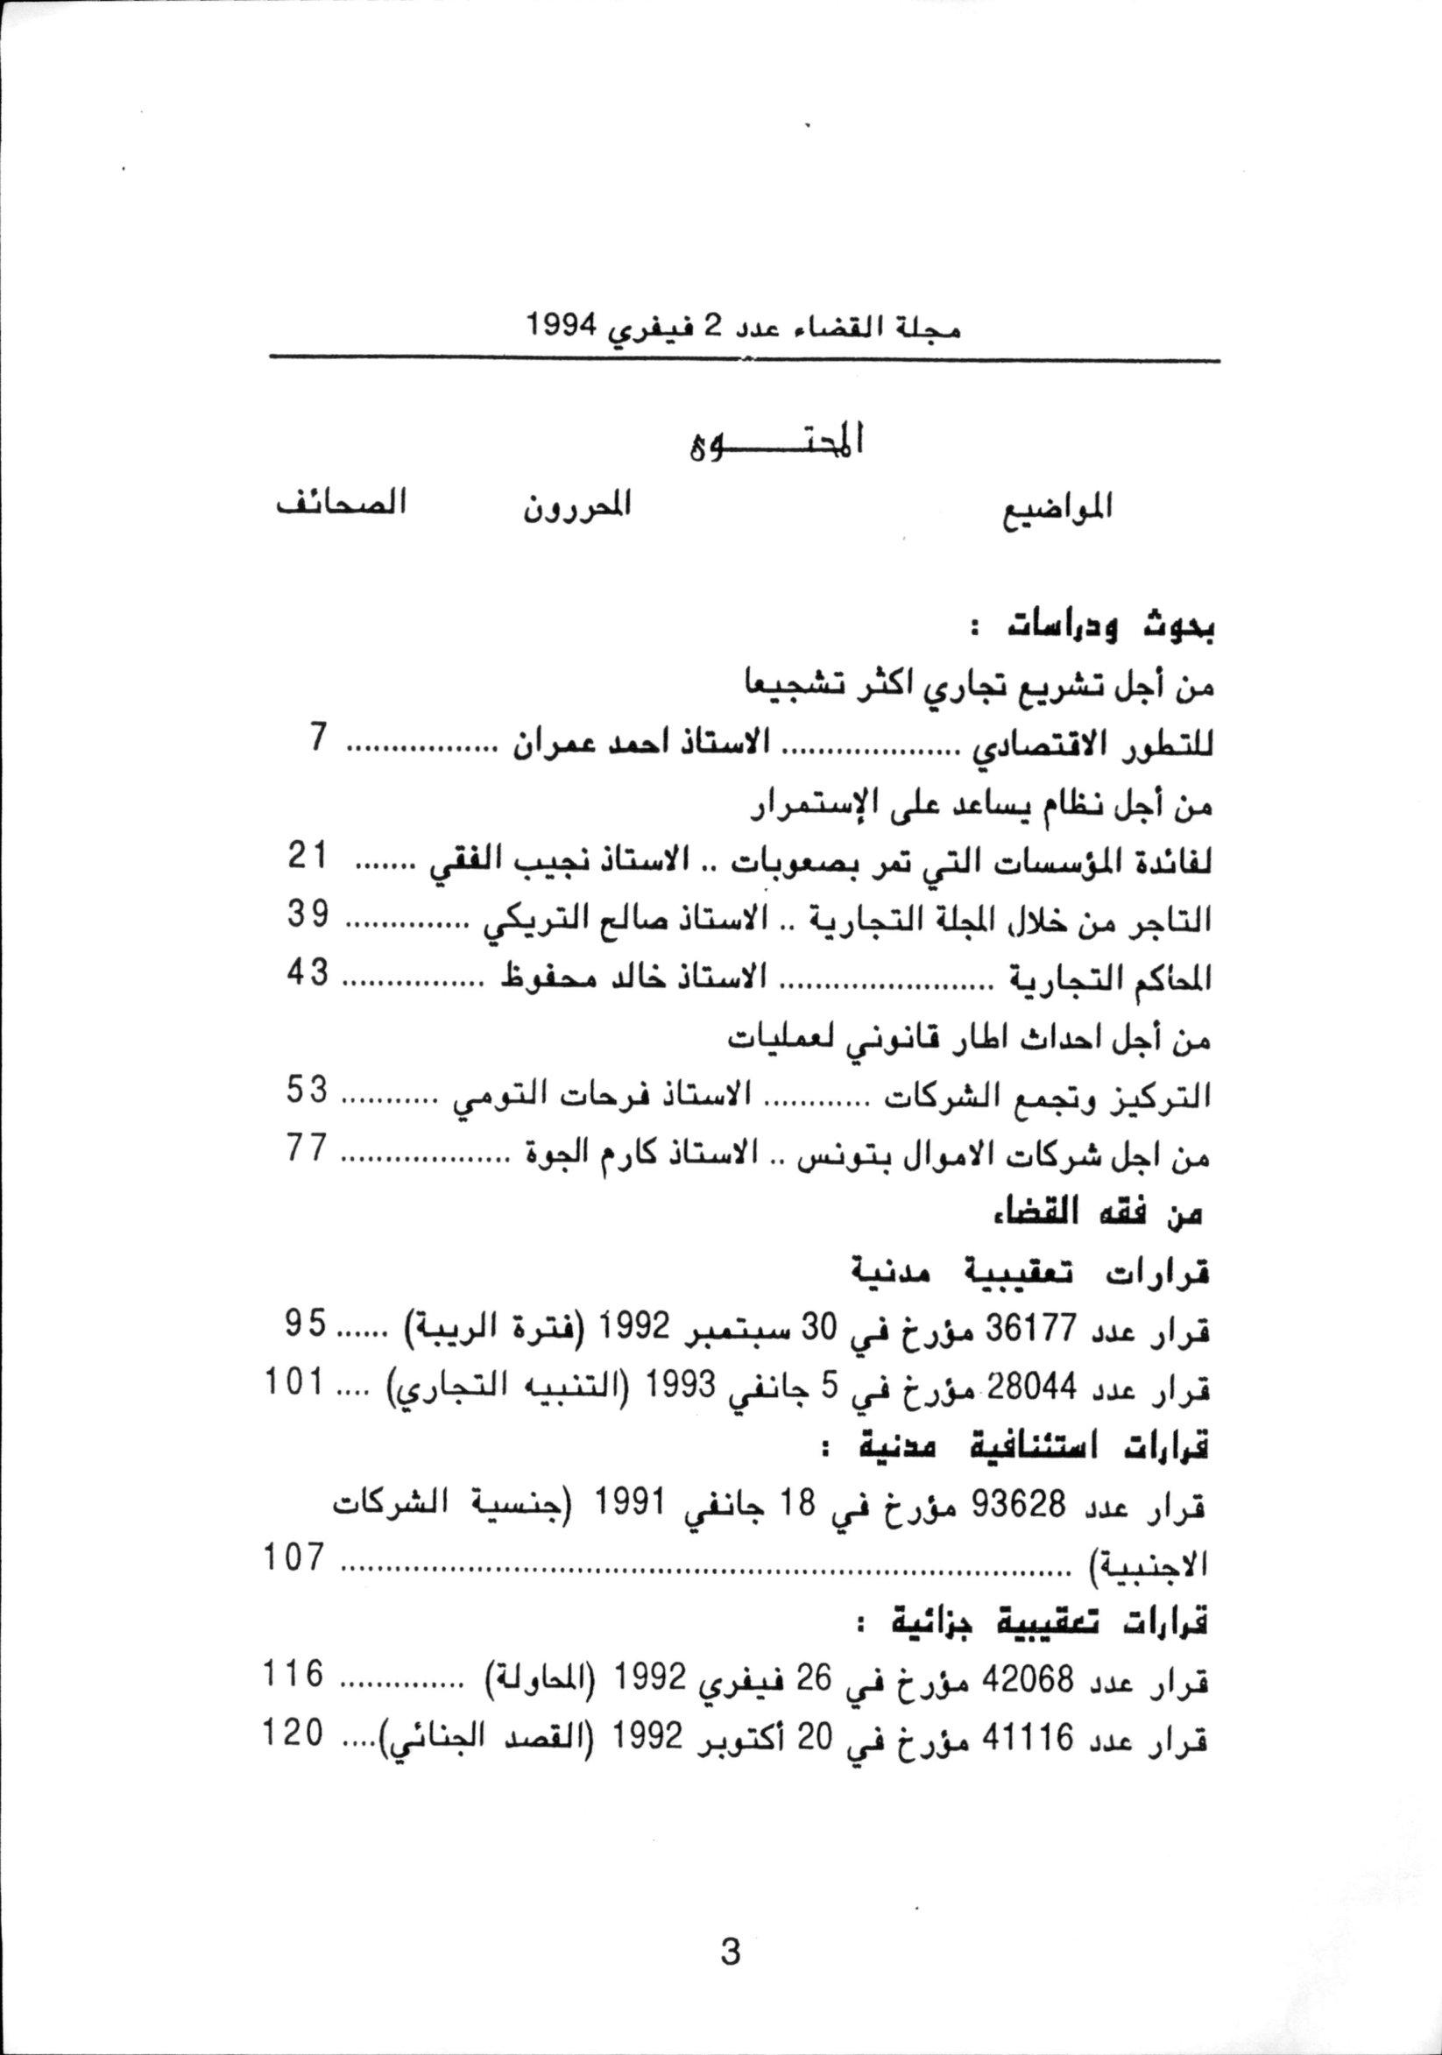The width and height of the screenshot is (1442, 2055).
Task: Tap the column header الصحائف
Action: click(341, 502)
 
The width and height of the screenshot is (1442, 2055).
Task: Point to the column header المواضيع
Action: click(1056, 508)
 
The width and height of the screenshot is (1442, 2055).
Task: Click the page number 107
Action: click(293, 1558)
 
